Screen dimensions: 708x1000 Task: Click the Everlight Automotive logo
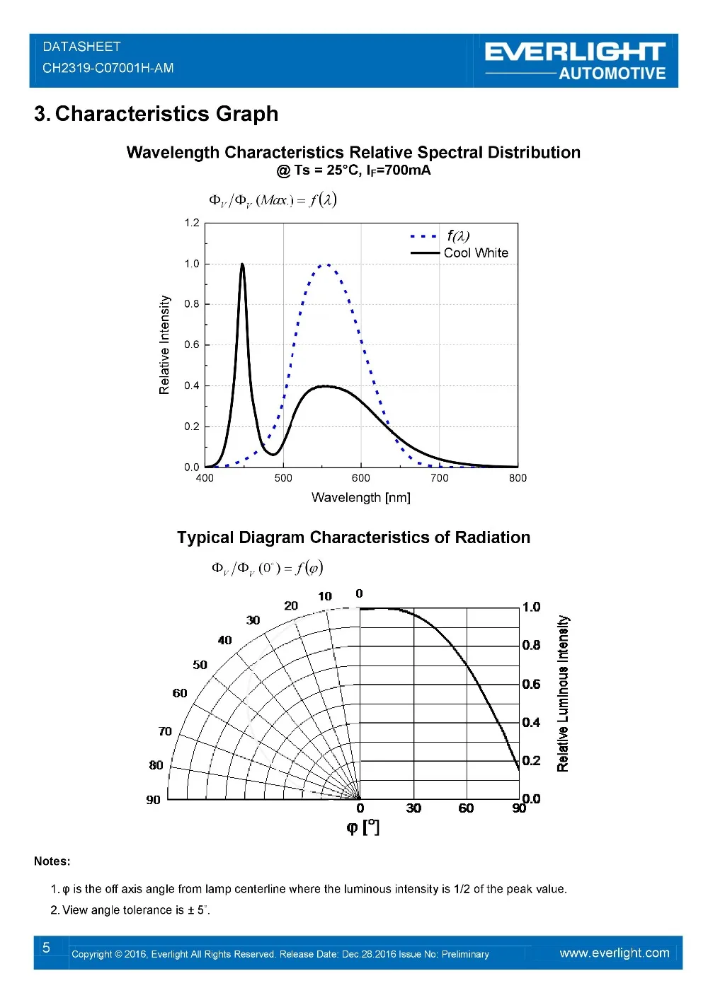pos(575,61)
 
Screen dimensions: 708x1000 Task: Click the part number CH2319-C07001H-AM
pos(108,68)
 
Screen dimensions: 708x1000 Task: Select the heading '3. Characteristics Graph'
pos(156,113)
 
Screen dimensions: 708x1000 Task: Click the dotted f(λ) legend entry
pos(440,236)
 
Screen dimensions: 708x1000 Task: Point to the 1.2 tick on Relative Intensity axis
pos(192,222)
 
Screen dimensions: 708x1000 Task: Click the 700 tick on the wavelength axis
pos(440,477)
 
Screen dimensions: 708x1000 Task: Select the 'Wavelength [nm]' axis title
pos(360,497)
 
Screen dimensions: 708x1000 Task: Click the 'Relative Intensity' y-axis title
pos(164,344)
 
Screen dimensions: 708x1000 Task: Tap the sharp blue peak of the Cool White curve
pos(242,264)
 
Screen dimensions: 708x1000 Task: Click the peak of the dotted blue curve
pos(326,264)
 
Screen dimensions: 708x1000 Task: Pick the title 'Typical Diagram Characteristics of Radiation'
pos(353,537)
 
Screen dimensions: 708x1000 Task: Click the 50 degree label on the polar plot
pos(200,665)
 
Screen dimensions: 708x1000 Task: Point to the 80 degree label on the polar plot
pos(156,765)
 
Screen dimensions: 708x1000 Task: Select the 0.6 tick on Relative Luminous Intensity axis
pos(531,685)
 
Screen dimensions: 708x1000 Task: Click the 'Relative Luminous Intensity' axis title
pos(563,694)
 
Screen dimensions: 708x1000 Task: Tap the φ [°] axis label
pos(362,827)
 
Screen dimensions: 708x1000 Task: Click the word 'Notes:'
pos(52,861)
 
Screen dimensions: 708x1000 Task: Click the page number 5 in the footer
pos(46,948)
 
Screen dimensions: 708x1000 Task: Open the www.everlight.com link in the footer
pos(615,953)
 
